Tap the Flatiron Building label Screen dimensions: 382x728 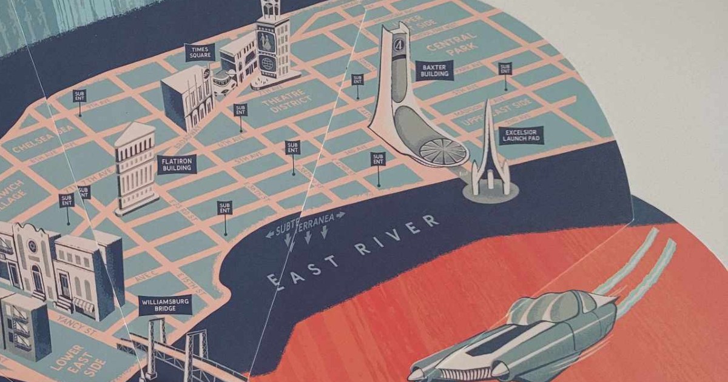point(177,164)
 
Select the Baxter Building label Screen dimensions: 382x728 point(433,70)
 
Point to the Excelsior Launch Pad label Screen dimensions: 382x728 point(521,135)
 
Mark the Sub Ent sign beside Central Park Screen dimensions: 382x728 point(505,68)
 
